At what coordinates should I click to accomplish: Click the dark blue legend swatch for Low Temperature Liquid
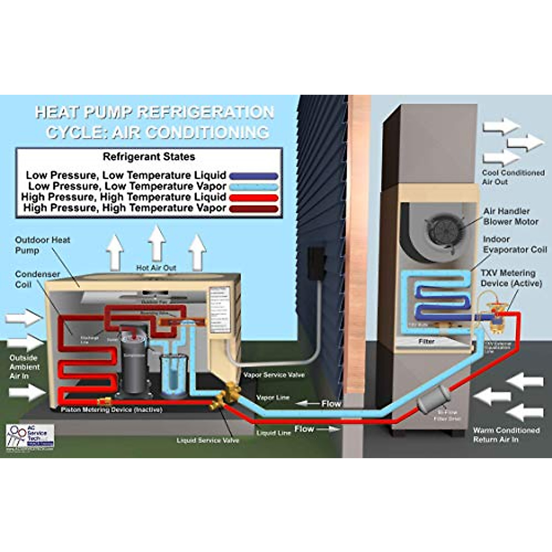(253, 176)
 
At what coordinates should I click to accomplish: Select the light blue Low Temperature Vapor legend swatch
(253, 187)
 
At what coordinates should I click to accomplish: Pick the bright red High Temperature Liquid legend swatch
(253, 198)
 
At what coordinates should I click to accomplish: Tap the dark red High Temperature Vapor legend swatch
(253, 209)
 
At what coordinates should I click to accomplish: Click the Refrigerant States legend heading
(149, 157)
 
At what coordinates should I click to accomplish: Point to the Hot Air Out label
(156, 268)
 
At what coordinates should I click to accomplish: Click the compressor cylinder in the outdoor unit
(133, 363)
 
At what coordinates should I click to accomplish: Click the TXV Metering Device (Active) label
(511, 278)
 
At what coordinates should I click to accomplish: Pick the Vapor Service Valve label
(274, 375)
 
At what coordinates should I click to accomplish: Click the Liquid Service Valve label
(207, 440)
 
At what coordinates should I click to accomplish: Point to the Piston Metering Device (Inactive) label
(111, 409)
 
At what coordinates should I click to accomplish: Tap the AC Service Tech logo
(30, 436)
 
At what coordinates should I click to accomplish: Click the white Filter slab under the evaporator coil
(426, 341)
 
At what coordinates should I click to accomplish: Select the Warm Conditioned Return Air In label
(506, 435)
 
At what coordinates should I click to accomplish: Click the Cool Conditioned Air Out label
(512, 177)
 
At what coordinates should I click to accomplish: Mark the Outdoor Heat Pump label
(42, 245)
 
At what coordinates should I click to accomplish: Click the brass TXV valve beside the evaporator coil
(496, 319)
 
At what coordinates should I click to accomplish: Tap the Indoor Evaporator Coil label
(514, 244)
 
